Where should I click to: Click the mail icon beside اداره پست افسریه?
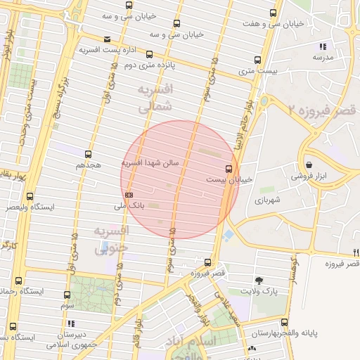[x=107, y=39]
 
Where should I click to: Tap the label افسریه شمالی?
[x=153, y=99]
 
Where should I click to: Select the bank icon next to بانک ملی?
[x=129, y=195]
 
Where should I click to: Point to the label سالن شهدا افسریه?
[x=150, y=162]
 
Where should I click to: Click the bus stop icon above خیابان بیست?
[x=229, y=169]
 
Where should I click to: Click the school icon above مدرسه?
[x=323, y=46]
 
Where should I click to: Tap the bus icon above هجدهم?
[x=88, y=153]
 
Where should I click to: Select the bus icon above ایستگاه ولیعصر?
[x=29, y=197]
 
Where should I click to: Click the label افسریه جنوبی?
[x=110, y=238]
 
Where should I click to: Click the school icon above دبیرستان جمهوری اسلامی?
[x=71, y=323]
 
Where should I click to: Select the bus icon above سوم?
[x=67, y=295]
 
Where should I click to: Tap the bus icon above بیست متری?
[x=257, y=60]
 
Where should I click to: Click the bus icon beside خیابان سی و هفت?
[x=273, y=13]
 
